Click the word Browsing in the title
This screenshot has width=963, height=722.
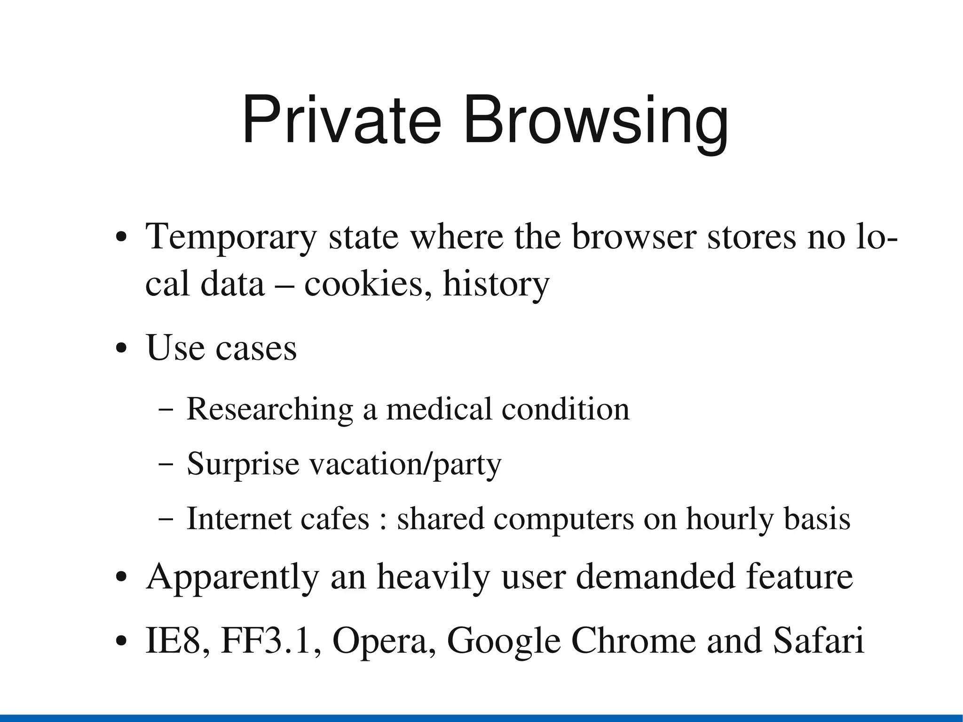(x=596, y=123)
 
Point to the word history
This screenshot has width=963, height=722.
(x=496, y=285)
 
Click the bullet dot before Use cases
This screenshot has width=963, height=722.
(x=121, y=349)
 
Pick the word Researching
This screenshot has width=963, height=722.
(x=270, y=409)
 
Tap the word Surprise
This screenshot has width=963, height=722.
(x=243, y=465)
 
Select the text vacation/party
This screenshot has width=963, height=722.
(x=405, y=465)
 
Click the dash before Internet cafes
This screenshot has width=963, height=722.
(x=166, y=519)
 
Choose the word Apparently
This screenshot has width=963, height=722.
(x=233, y=578)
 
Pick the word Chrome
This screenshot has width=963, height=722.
(x=634, y=641)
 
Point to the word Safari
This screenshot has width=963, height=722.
(x=819, y=641)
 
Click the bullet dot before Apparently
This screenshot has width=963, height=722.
(x=121, y=578)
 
